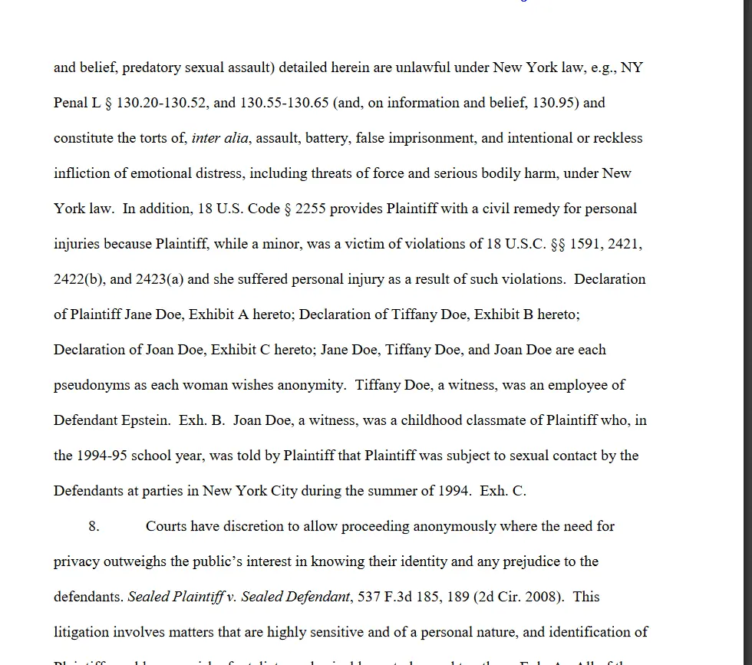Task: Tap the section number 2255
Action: point(310,209)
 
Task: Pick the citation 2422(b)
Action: point(78,279)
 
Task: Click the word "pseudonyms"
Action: point(92,385)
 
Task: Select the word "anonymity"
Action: point(310,385)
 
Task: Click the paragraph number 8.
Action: point(94,526)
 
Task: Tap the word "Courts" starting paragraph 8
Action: point(166,526)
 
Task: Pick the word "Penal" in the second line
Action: point(71,103)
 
